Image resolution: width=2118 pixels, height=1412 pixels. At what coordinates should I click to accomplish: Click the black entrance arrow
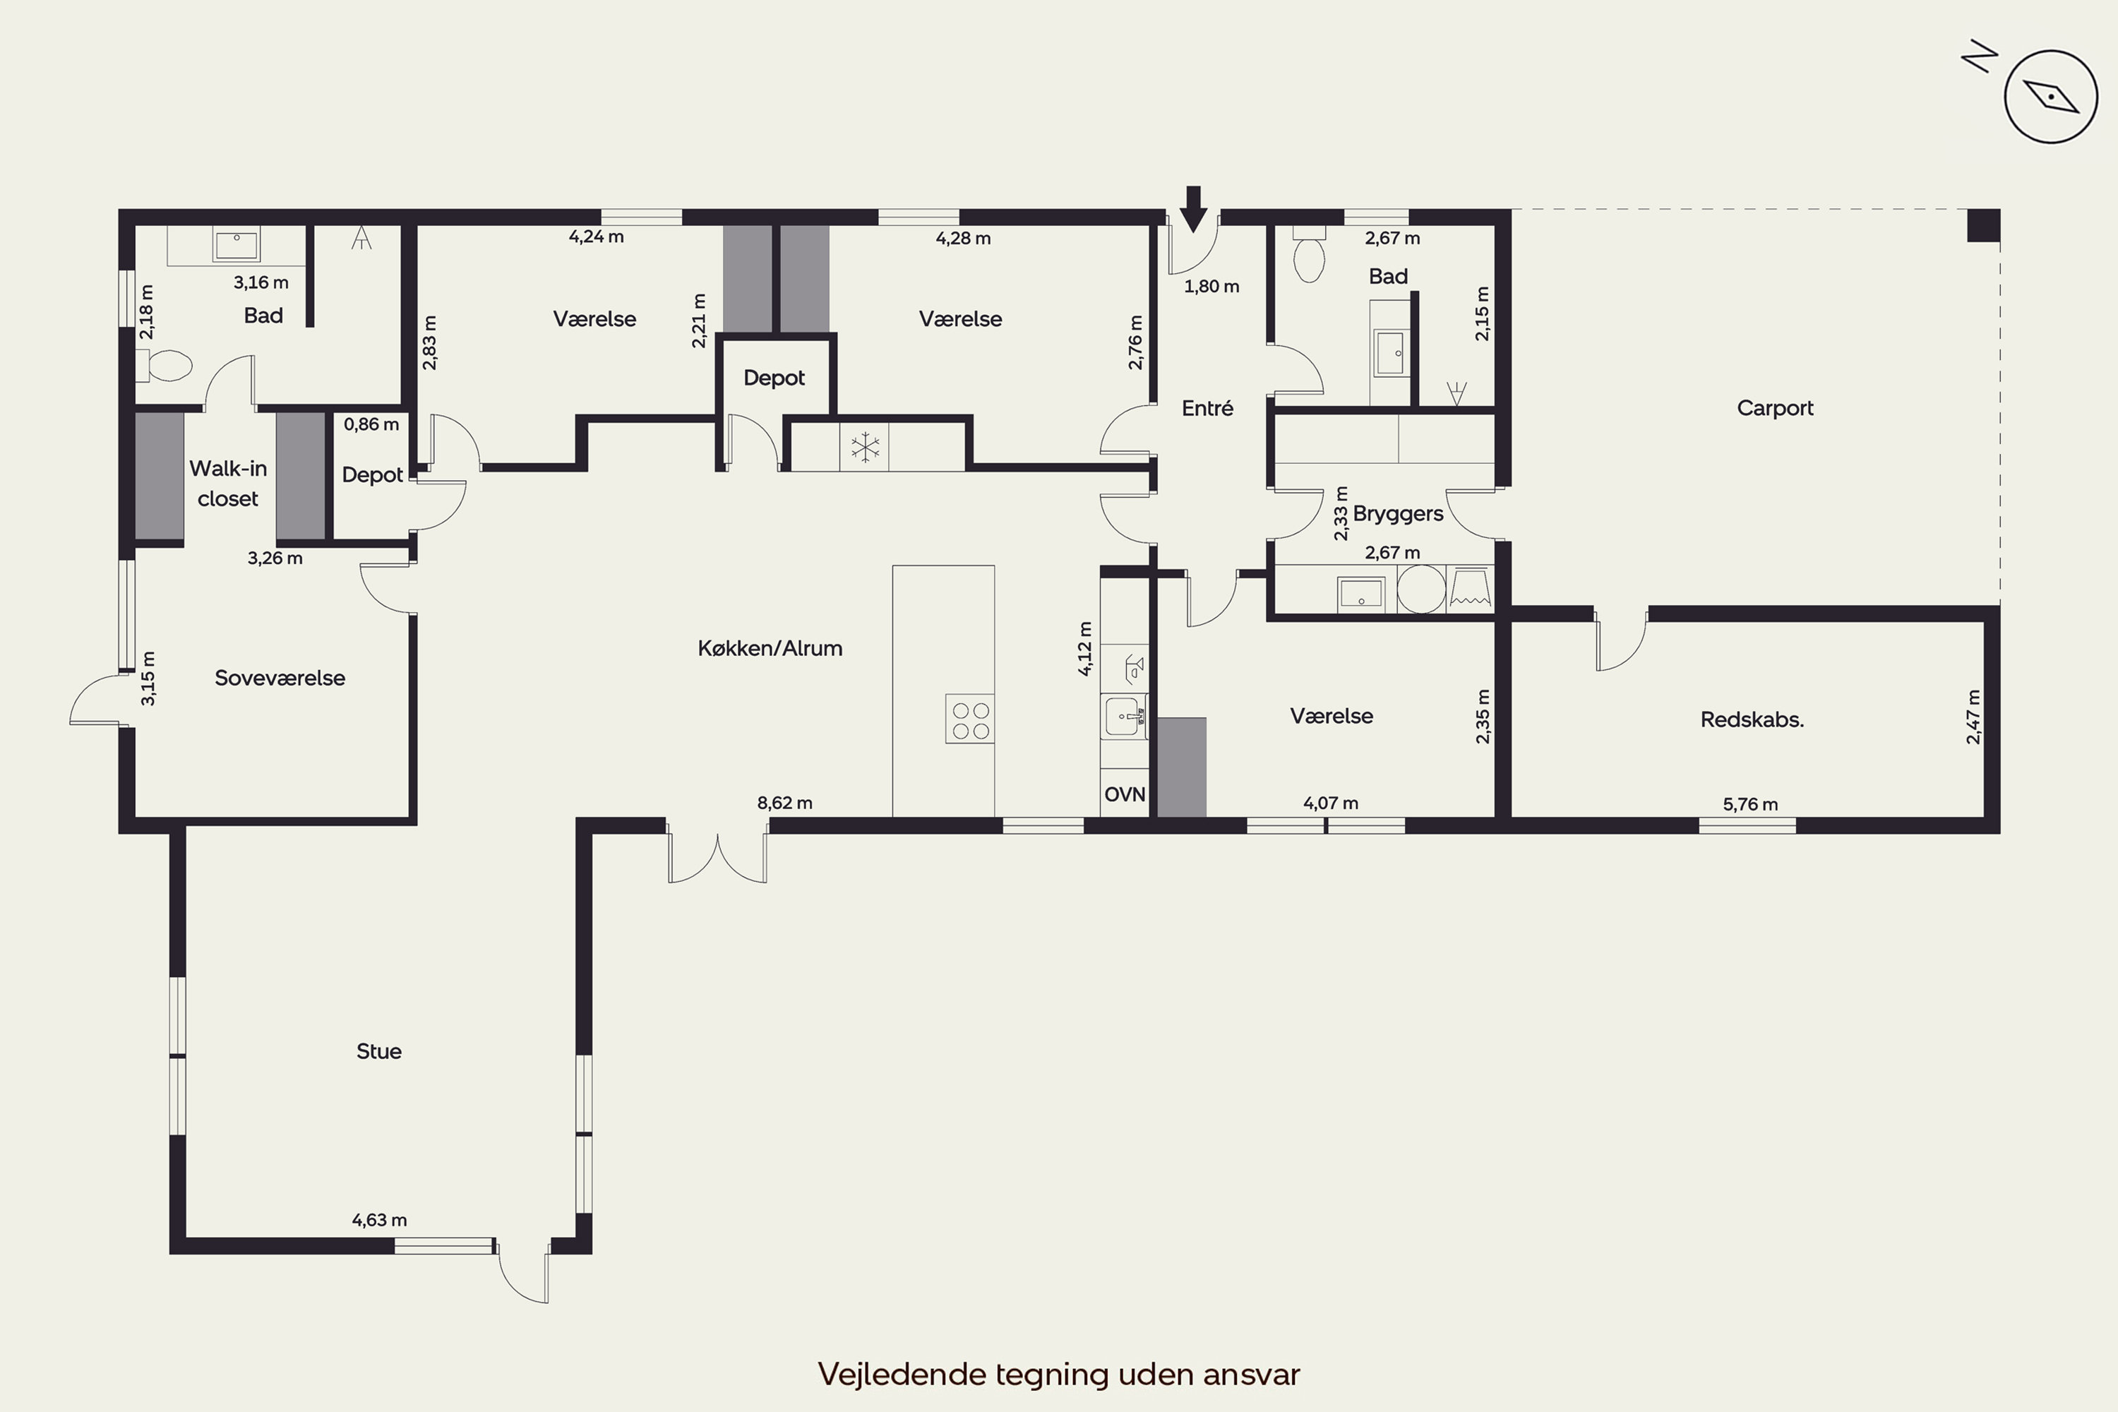[1193, 209]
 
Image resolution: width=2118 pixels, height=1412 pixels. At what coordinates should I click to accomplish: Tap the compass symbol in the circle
[2050, 96]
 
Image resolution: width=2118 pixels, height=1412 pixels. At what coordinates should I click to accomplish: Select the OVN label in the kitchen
[1125, 794]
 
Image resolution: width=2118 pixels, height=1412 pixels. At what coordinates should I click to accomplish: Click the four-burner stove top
[970, 719]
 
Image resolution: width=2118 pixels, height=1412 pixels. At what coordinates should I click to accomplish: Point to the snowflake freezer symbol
[864, 447]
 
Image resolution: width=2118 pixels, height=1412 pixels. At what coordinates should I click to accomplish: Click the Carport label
[1775, 408]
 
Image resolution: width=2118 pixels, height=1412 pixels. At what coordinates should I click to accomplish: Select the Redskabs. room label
[1752, 719]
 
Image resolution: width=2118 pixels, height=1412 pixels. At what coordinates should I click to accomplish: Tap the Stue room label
[379, 1051]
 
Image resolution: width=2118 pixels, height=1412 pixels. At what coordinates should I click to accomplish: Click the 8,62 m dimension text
[784, 802]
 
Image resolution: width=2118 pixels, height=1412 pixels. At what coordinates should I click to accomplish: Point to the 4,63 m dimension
[379, 1220]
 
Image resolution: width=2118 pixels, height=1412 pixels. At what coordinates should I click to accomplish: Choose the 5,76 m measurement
[1751, 804]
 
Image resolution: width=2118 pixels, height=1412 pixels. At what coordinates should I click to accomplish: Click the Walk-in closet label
[228, 484]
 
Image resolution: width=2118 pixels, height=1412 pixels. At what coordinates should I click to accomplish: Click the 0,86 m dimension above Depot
[371, 424]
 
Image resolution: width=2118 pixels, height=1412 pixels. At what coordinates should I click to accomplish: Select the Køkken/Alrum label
[770, 648]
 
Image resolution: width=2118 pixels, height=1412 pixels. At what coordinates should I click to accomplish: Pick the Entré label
[1207, 408]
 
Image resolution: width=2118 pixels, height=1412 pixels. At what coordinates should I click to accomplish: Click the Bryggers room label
[1398, 514]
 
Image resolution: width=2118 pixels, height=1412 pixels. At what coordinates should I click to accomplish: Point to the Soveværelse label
[280, 678]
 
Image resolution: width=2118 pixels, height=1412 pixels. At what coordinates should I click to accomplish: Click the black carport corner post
[1983, 225]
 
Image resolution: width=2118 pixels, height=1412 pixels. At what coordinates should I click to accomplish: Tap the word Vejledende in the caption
[902, 1374]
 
